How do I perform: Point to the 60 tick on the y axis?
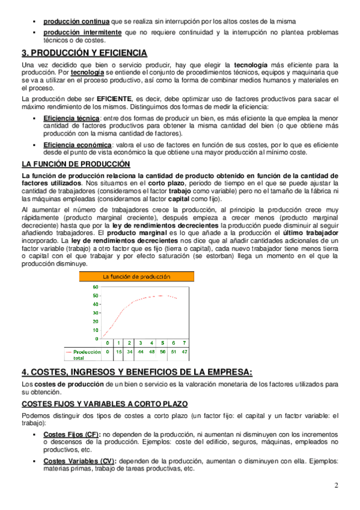click(95, 287)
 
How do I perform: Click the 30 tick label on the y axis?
click(95, 313)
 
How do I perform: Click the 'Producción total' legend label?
click(87, 354)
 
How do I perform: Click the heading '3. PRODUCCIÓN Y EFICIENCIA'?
click(84, 53)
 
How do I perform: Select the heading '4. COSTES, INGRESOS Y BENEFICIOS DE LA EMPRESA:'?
click(138, 372)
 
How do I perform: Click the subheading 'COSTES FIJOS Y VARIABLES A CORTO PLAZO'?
click(105, 404)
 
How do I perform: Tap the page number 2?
click(337, 485)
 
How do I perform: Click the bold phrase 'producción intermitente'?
click(82, 31)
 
